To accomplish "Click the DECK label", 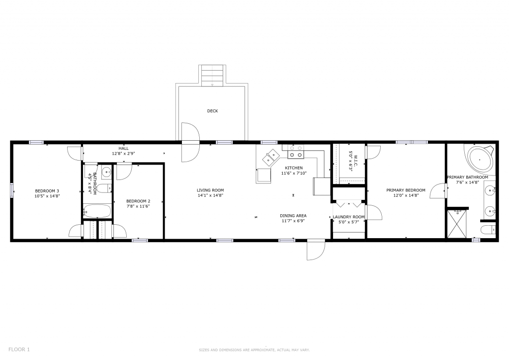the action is tap(213, 111).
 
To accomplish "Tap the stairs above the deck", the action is tap(212, 75).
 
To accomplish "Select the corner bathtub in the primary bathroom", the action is tap(480, 160).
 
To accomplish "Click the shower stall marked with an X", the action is tap(457, 224).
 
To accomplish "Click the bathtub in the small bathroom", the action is tap(97, 211).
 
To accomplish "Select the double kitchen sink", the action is tap(271, 158).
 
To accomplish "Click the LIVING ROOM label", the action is tap(210, 190).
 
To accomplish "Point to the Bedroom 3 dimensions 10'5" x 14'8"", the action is tap(47, 196).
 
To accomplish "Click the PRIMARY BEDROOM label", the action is tap(406, 190).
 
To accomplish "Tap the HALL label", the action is tap(123, 148).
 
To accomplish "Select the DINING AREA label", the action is tap(293, 215).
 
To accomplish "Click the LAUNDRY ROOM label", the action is tap(348, 217).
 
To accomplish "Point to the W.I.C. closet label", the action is tap(355, 161).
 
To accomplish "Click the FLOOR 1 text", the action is tap(19, 350).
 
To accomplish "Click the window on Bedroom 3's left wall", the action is tap(12, 190).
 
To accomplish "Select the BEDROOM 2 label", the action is tap(138, 201).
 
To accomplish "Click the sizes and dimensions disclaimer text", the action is tap(254, 350).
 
